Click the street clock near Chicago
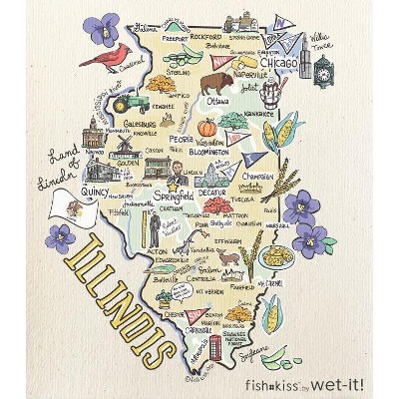(x=323, y=72)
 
